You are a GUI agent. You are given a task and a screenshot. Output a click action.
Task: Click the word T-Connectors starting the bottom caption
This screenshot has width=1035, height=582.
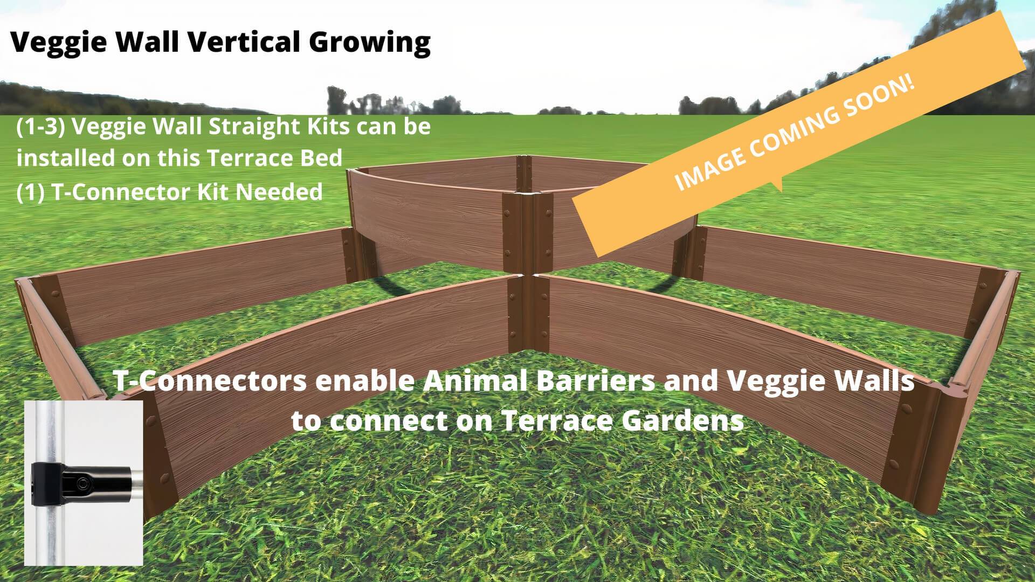point(211,381)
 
